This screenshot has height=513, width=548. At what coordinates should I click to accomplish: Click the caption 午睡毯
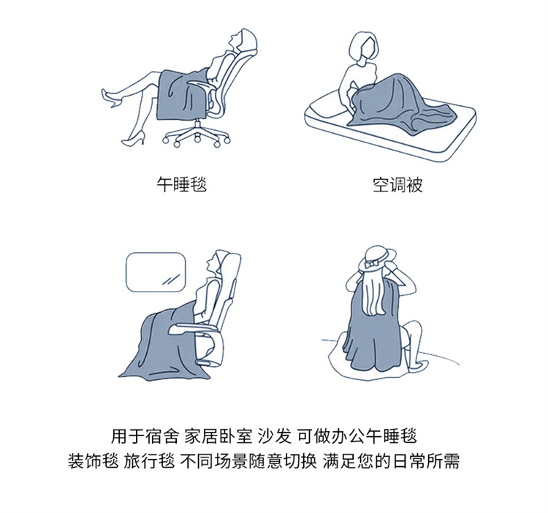(182, 184)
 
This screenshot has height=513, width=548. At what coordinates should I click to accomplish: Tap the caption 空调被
(397, 185)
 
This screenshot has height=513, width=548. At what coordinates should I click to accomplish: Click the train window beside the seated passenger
(156, 272)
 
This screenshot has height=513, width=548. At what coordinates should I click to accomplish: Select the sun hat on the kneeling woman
(377, 259)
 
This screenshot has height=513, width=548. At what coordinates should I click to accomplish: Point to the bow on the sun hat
(370, 264)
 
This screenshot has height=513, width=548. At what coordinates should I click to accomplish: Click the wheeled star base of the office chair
(197, 135)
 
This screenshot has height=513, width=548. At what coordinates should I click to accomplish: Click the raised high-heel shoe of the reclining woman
(111, 99)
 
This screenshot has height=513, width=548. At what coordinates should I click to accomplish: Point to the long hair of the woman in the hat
(375, 294)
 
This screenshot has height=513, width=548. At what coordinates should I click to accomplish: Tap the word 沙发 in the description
(274, 436)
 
